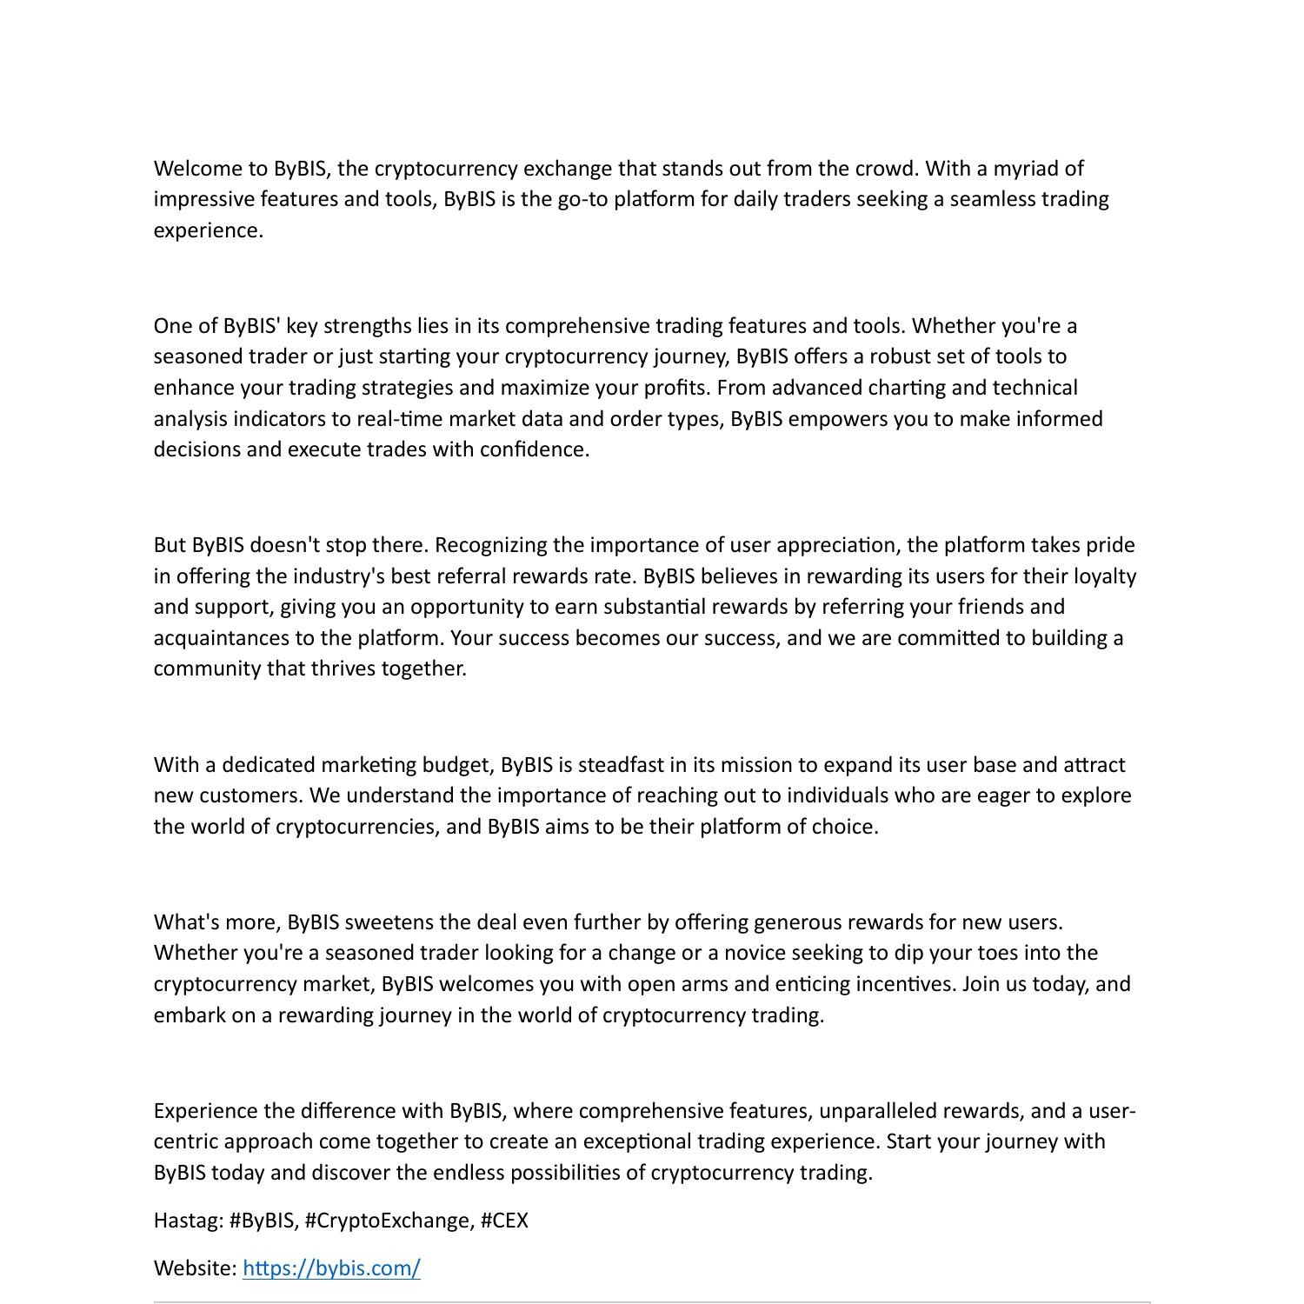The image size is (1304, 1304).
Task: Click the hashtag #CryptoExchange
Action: click(389, 1221)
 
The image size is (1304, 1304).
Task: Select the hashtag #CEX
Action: click(503, 1221)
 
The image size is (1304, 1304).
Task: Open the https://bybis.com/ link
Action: click(331, 1268)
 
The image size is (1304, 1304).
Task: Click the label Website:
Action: click(195, 1268)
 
